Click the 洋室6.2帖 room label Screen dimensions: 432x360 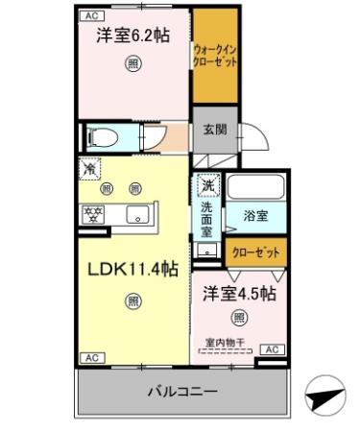point(132,36)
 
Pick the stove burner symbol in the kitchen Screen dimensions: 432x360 point(94,214)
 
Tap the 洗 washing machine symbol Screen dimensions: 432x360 point(207,183)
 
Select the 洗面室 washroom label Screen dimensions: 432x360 point(207,218)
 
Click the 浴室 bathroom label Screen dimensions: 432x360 point(254,218)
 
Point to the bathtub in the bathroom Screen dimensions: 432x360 point(255,188)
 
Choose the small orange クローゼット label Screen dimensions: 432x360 point(256,252)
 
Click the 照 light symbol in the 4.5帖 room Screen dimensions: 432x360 point(238,317)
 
